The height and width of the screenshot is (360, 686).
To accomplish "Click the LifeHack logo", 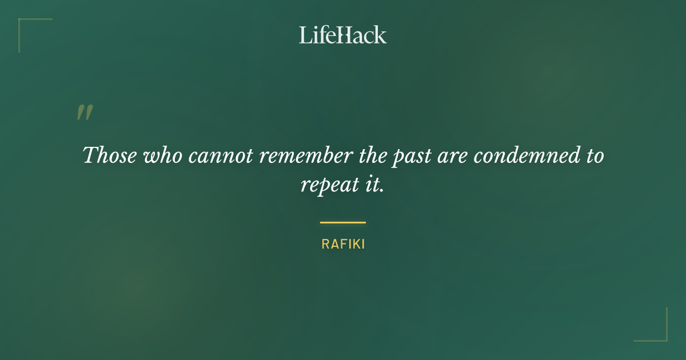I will point(343,35).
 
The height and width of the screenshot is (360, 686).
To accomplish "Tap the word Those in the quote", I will point(110,155).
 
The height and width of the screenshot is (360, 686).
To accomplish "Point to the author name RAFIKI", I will point(343,244).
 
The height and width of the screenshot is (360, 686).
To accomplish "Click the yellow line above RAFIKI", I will point(343,222).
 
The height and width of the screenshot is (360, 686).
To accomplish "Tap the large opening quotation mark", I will point(85,113).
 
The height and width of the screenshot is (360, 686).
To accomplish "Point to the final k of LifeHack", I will point(380,35).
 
